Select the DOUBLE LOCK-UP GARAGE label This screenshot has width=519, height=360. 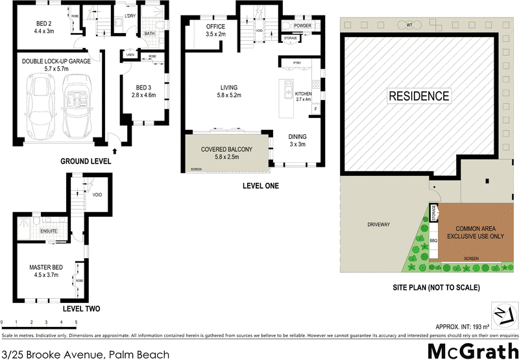56,61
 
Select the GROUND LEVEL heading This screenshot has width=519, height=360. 85,161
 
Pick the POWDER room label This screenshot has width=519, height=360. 302,25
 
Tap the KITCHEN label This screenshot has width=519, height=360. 304,94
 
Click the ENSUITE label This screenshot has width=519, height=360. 50,230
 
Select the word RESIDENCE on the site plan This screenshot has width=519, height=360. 418,96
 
